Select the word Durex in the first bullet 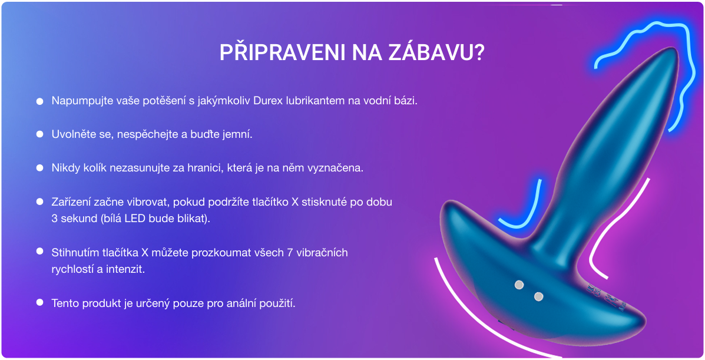tap(269, 101)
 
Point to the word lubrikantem tap(316, 101)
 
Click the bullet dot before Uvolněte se tap(39, 134)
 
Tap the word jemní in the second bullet tap(238, 134)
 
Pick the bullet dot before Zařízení tap(39, 202)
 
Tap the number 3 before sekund tap(55, 219)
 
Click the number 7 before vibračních tap(289, 253)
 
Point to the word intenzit tap(127, 269)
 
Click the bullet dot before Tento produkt tap(39, 303)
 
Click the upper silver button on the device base tap(519, 285)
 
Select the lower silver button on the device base tap(538, 296)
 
